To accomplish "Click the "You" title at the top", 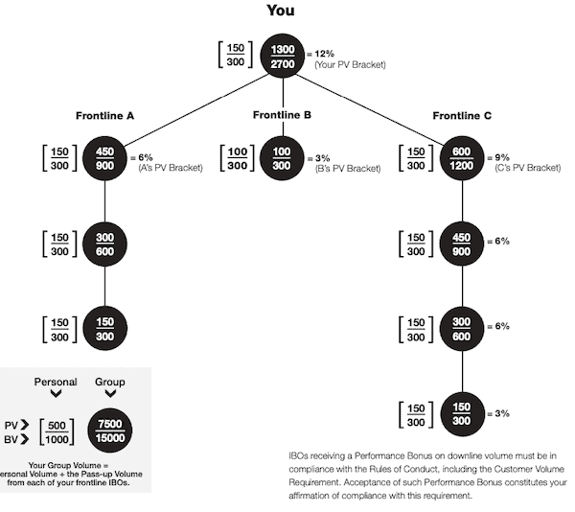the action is [281, 11].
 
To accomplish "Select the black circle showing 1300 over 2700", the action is [283, 56].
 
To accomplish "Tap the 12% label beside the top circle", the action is [324, 54].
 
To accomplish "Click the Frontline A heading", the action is [104, 116].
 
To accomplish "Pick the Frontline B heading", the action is [282, 115].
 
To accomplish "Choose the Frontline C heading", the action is [462, 116].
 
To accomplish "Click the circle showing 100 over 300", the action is [282, 158].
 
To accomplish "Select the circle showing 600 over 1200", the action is [462, 158].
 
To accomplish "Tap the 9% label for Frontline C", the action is [502, 157].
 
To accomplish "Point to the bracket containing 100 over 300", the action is [238, 158].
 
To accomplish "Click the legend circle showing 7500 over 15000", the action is [110, 431].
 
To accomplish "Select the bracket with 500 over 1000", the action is [57, 432].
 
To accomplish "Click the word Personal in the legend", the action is [56, 382].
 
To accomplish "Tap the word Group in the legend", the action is [110, 382].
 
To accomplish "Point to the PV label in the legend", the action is [11, 426].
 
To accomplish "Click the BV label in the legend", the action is [11, 439].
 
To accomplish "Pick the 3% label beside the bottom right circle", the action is [502, 413].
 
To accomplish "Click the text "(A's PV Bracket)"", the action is [171, 168].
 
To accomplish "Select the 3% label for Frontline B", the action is [322, 158].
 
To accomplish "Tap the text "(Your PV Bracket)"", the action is [350, 65].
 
